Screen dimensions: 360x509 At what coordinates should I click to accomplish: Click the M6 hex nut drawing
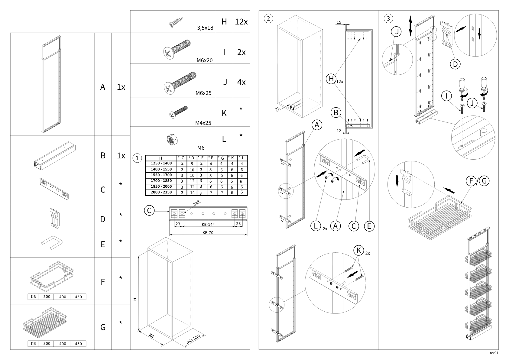[x=173, y=140]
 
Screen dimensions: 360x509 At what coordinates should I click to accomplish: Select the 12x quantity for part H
[x=241, y=22]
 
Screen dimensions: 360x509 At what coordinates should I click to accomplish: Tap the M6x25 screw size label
[x=203, y=93]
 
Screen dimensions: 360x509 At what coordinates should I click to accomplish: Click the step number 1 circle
[x=137, y=158]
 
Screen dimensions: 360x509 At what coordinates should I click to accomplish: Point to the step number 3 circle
[x=388, y=18]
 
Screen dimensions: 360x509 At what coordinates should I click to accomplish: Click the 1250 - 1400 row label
[x=161, y=163]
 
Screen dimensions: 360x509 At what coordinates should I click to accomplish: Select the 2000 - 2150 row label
[x=161, y=192]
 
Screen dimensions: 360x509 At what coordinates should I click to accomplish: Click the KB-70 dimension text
[x=208, y=233]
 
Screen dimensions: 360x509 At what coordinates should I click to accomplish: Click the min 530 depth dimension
[x=193, y=339]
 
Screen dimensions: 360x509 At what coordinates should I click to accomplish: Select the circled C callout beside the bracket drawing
[x=149, y=210]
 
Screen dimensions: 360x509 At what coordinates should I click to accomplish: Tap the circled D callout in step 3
[x=455, y=64]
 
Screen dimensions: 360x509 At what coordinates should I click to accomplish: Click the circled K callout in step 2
[x=358, y=250]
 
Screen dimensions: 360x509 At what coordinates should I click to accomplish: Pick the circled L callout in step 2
[x=316, y=226]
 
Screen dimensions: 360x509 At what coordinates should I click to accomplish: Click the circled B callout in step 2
[x=336, y=113]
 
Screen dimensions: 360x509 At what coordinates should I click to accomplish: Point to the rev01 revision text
[x=494, y=353]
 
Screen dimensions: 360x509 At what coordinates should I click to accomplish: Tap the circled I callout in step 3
[x=446, y=96]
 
